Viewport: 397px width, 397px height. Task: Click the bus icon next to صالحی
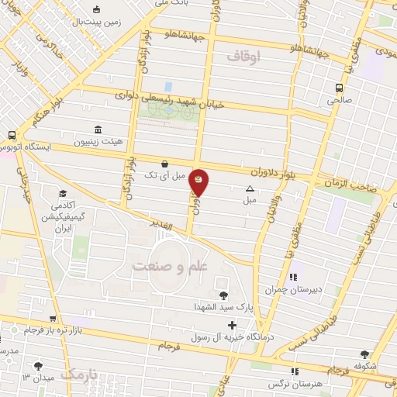[339, 88]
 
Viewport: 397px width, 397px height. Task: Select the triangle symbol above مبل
[250, 188]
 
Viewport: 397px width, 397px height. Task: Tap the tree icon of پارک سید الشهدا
[224, 295]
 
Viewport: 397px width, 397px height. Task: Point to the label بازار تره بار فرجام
[50, 331]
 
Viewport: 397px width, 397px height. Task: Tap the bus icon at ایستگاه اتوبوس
[12, 133]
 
